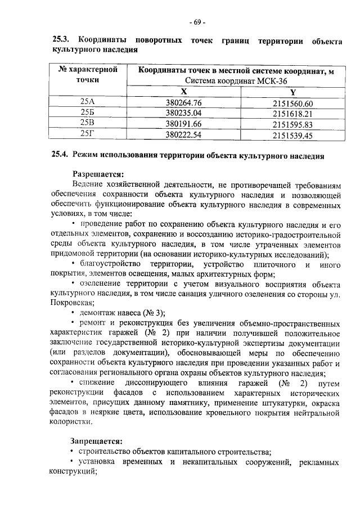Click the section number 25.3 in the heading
point(60,40)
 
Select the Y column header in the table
point(292,92)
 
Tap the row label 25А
point(88,102)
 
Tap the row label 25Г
point(88,135)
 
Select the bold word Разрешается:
point(97,174)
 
